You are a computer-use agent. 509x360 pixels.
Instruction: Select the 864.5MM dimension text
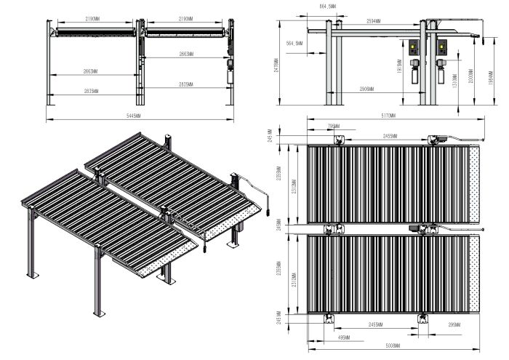(x=308, y=6)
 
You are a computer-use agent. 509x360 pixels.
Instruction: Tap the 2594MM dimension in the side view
(x=376, y=20)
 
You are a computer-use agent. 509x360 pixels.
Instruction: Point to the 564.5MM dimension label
(x=294, y=44)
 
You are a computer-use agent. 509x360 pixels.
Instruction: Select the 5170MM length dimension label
(x=387, y=116)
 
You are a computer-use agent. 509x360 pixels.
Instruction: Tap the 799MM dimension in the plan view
(x=333, y=126)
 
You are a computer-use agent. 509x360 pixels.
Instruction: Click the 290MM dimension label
(x=454, y=322)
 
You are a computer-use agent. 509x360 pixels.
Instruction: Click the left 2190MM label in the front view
(x=93, y=17)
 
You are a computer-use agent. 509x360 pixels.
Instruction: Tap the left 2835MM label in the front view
(x=92, y=91)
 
